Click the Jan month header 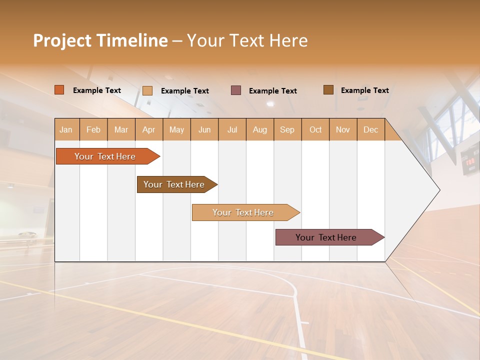66,129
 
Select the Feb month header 93,129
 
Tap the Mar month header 121,129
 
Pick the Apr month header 148,129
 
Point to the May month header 176,129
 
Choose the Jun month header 204,129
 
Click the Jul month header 232,129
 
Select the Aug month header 259,129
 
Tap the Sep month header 287,129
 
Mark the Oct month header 315,129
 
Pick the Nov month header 342,129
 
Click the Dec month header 370,129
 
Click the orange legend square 59,90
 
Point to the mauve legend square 236,90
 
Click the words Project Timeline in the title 100,40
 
